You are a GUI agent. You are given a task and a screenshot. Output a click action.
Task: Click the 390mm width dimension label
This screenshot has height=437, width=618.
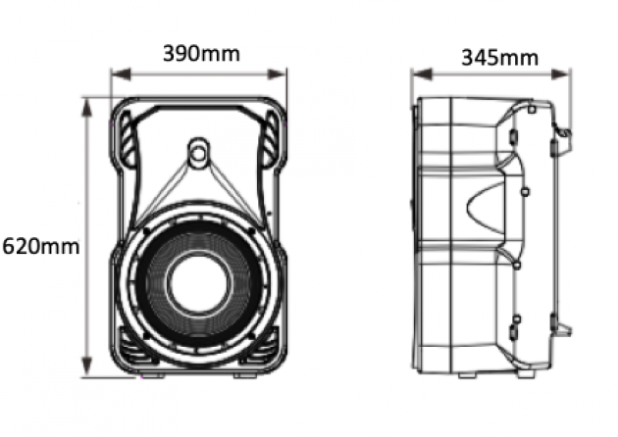[201, 54]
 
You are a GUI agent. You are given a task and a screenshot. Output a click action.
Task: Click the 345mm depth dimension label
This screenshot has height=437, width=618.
[499, 58]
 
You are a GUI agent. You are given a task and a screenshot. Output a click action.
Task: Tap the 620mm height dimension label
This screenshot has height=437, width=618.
[41, 247]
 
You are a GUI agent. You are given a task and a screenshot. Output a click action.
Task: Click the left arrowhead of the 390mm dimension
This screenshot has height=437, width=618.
[121, 74]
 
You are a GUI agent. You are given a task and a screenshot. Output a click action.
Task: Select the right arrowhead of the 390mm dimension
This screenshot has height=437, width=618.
[277, 74]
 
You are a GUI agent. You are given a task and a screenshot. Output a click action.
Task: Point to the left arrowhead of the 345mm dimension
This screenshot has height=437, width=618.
[422, 74]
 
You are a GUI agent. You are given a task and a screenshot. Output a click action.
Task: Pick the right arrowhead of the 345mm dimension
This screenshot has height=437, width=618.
[560, 74]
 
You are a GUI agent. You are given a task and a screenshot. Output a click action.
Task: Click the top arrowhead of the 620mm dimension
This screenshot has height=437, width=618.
[86, 108]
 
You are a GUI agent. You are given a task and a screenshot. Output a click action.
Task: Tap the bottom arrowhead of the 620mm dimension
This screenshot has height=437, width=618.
[86, 367]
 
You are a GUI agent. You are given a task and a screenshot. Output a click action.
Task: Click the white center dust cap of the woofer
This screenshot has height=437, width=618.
[198, 283]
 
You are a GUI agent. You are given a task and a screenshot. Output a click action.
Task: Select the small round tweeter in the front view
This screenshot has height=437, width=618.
[198, 153]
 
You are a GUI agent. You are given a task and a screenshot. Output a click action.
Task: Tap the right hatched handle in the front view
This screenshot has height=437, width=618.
[271, 138]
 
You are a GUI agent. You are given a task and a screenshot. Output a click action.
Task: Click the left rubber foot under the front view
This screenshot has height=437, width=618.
[152, 376]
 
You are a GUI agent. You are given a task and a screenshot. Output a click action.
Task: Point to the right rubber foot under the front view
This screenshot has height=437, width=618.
[245, 376]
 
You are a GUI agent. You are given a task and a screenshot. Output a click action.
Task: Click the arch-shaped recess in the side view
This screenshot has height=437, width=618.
[486, 208]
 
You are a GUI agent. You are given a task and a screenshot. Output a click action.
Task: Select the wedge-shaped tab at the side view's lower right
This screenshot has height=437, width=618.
[563, 328]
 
